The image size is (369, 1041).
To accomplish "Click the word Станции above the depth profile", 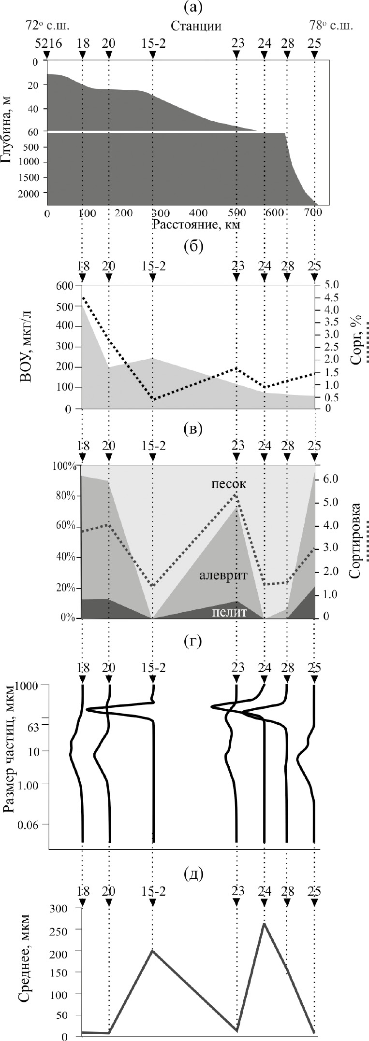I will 196,26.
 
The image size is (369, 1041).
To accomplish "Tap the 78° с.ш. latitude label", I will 331,26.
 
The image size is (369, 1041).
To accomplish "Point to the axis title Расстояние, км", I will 196,224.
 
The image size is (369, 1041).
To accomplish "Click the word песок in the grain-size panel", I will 228,484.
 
